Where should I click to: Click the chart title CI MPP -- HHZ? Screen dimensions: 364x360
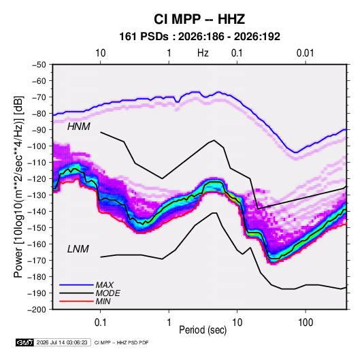[x=199, y=19]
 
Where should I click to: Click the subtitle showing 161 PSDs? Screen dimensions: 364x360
[x=199, y=37]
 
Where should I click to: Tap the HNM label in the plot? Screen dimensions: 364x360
[x=79, y=127]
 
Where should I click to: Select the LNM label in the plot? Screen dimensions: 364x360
[x=78, y=249]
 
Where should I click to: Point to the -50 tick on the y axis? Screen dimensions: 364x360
[x=39, y=65]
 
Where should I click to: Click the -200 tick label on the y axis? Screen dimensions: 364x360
[x=37, y=310]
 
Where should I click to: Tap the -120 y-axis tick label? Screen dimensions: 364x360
[x=37, y=179]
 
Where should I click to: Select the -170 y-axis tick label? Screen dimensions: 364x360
[x=37, y=261]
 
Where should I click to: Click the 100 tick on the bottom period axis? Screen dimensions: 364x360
[x=305, y=323]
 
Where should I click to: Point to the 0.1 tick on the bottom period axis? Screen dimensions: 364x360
[x=100, y=323]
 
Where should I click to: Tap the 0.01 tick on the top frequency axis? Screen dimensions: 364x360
[x=305, y=53]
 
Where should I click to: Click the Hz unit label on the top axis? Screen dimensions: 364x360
[x=203, y=53]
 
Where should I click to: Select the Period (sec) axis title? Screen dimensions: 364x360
[x=203, y=330]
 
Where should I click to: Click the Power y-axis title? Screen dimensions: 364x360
[x=18, y=187]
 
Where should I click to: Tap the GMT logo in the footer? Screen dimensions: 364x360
[x=25, y=342]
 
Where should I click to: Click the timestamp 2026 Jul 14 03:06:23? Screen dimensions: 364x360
[x=62, y=342]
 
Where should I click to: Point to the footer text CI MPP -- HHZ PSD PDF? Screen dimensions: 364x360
[x=121, y=342]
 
